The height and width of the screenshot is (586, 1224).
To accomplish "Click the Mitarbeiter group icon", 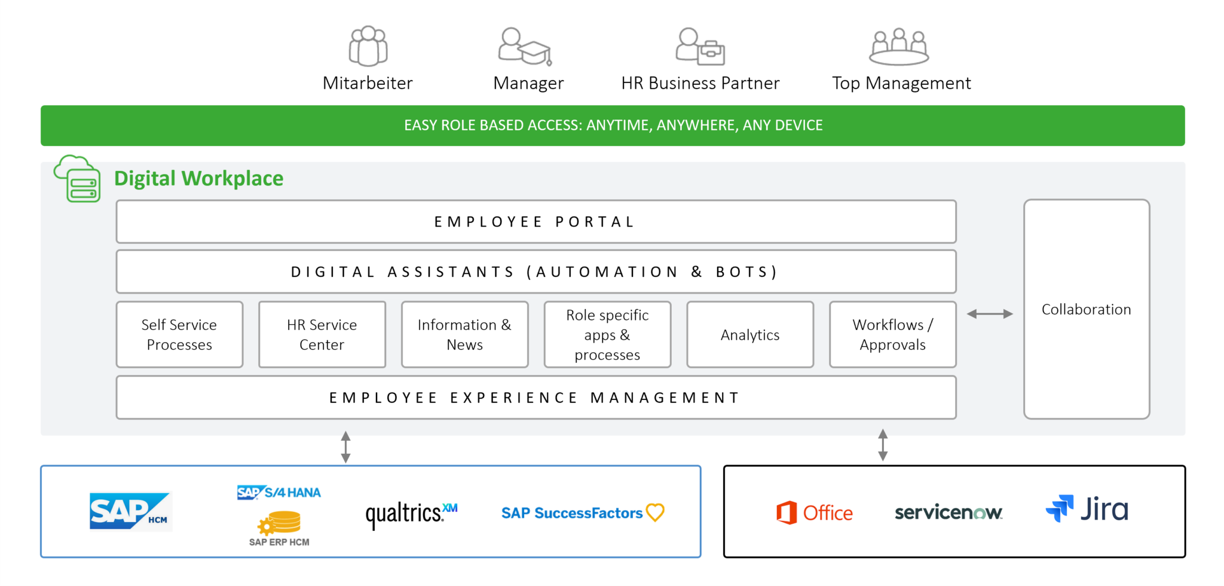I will pos(368,46).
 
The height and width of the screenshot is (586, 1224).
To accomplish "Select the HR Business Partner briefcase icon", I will pos(700,47).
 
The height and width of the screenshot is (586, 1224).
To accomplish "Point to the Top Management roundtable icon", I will pos(899,47).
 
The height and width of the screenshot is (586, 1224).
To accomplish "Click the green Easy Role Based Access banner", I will pos(613,126).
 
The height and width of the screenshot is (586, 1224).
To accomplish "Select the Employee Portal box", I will pos(535,222).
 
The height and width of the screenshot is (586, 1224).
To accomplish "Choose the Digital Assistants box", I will pos(535,272).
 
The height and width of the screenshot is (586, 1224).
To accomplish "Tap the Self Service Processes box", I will pos(179,335).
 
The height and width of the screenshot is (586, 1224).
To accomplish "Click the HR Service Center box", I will pos(322,335).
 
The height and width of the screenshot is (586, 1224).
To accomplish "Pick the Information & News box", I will pos(464,335).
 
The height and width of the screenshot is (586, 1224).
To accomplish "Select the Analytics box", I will pos(750,335).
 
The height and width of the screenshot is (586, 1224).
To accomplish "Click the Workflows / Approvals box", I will pos(892,335).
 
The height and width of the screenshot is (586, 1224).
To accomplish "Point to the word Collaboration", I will pos(1086,310).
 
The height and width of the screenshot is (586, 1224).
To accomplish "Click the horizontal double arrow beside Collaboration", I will pos(990,314).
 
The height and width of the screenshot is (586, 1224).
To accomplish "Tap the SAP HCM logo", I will pos(130,511).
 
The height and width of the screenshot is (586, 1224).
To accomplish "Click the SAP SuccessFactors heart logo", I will pos(582,513).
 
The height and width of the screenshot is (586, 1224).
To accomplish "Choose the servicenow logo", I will pos(948,512).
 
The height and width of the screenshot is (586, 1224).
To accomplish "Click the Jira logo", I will pos(1087,509).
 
